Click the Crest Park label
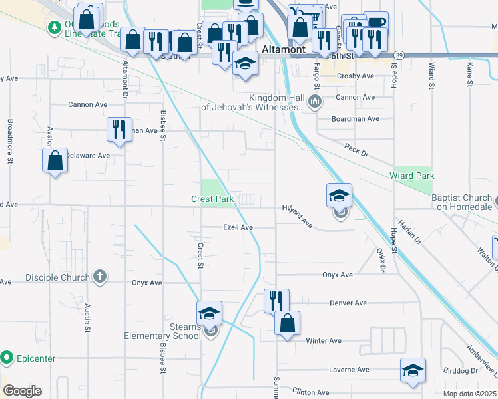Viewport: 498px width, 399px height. tap(212, 199)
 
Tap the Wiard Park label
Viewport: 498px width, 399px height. tap(412, 176)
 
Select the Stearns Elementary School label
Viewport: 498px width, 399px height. tap(162, 331)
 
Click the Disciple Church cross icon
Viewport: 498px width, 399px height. tap(99, 277)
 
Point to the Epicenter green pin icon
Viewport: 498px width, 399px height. tap(7, 358)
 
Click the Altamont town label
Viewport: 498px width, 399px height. tap(284, 49)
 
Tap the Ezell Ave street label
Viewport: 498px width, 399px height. tap(238, 227)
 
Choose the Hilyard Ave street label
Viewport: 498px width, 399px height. tap(297, 217)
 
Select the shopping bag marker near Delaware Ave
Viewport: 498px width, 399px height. tap(55, 161)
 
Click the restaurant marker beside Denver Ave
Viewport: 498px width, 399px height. tap(276, 301)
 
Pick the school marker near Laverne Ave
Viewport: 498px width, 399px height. tap(413, 370)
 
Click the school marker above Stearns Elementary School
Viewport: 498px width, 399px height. tap(209, 313)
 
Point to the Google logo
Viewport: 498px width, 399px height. tap(23, 391)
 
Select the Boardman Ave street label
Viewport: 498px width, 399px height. tap(356, 119)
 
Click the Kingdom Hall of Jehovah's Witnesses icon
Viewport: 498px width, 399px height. tap(316, 102)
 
